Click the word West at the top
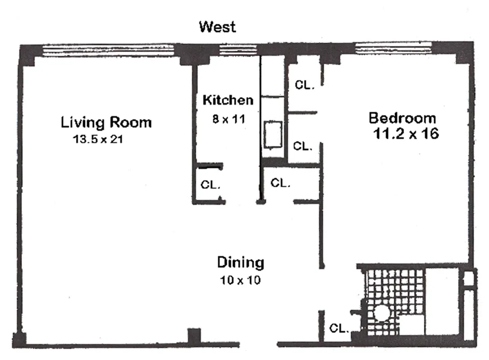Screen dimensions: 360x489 217,27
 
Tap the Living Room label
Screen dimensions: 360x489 106,122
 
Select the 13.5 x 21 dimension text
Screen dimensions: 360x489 98,139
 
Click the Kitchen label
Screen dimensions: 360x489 228,100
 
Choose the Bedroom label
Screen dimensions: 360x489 402,118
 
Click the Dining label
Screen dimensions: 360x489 240,262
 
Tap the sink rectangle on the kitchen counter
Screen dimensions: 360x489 273,135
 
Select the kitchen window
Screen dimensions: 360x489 231,49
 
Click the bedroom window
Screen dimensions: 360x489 393,49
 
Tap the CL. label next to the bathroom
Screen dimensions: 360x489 339,328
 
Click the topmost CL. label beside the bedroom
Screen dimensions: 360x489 304,85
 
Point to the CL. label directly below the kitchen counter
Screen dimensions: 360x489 280,183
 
